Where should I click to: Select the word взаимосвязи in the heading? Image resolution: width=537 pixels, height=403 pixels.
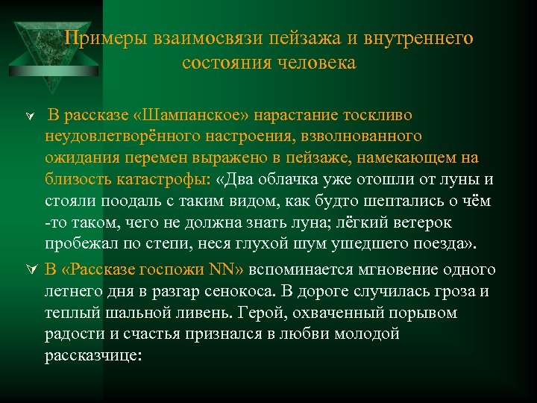(193, 38)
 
